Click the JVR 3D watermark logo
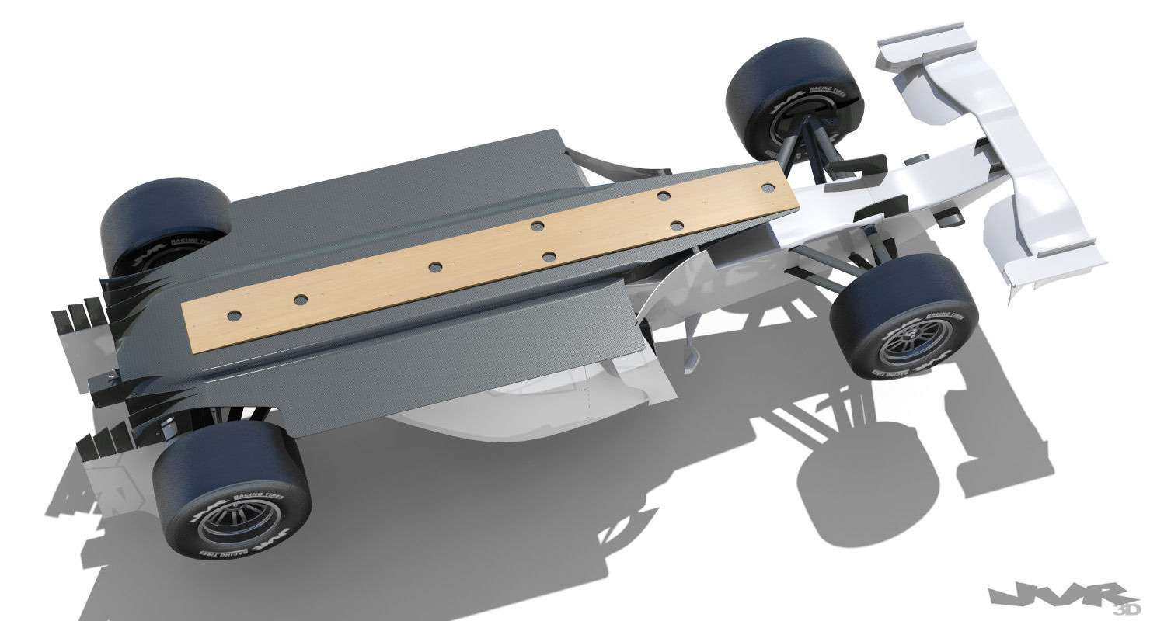coord(1065,598)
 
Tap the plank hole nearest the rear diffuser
coord(233,315)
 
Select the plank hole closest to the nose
coord(768,188)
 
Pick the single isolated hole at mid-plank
coord(435,267)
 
